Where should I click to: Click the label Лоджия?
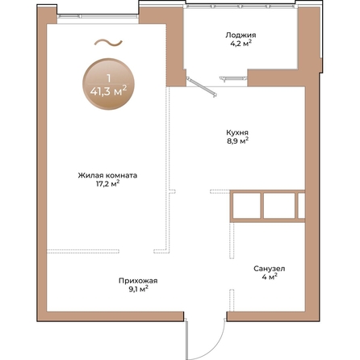click(241, 36)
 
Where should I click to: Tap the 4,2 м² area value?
click(241, 44)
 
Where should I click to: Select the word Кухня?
click(237, 132)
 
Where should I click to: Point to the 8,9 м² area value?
click(237, 140)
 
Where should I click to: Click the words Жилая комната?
click(107, 175)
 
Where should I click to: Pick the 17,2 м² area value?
click(107, 184)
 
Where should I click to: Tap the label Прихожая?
click(138, 281)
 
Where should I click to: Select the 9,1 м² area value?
click(138, 289)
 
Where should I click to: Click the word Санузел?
click(270, 269)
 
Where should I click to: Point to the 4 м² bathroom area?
click(270, 277)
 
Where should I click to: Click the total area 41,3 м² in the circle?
click(108, 91)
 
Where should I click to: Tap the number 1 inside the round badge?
click(108, 78)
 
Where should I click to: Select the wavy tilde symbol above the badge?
click(108, 43)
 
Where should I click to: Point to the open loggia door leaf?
click(202, 86)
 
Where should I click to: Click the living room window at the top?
click(98, 16)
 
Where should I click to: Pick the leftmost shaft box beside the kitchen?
click(246, 206)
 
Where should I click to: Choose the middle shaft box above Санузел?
click(279, 206)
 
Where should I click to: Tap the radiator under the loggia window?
click(233, 78)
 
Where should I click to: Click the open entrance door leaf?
click(186, 339)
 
